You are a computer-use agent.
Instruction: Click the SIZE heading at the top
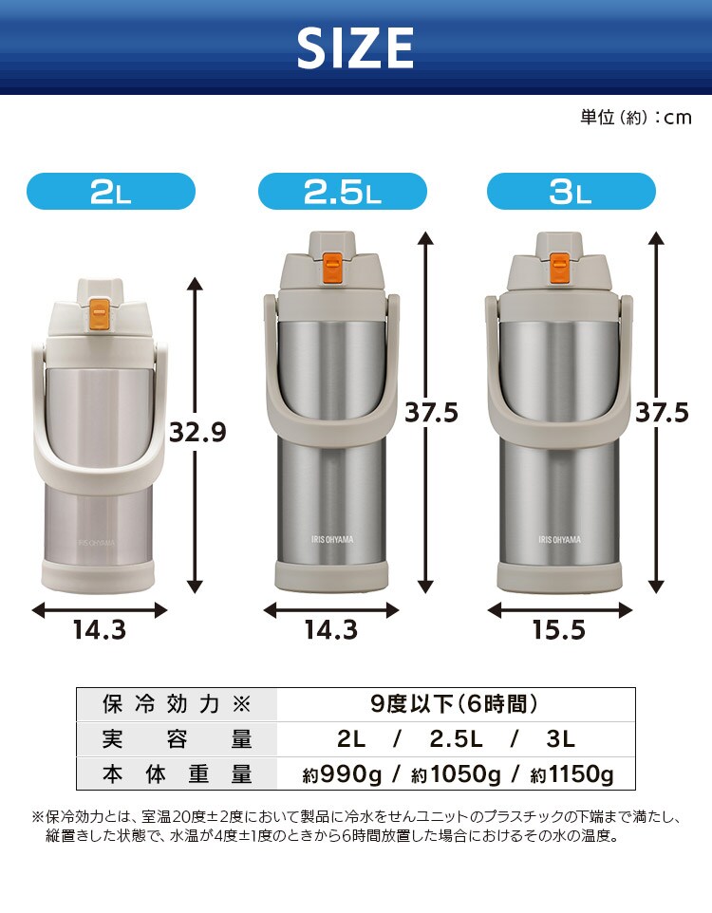click(x=355, y=47)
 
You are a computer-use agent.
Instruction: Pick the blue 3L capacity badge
click(x=571, y=193)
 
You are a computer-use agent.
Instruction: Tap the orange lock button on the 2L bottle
click(x=98, y=308)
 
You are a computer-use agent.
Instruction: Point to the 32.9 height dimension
click(x=197, y=433)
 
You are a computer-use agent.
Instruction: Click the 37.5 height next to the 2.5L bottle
click(x=431, y=413)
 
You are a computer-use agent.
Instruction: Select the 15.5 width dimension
click(x=558, y=630)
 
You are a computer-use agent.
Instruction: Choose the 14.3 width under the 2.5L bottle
click(x=330, y=630)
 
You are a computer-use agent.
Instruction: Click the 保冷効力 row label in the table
click(x=177, y=704)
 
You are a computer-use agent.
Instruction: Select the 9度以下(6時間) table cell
click(x=455, y=704)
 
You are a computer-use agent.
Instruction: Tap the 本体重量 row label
click(x=177, y=774)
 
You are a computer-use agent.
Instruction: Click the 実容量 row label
click(x=177, y=739)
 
